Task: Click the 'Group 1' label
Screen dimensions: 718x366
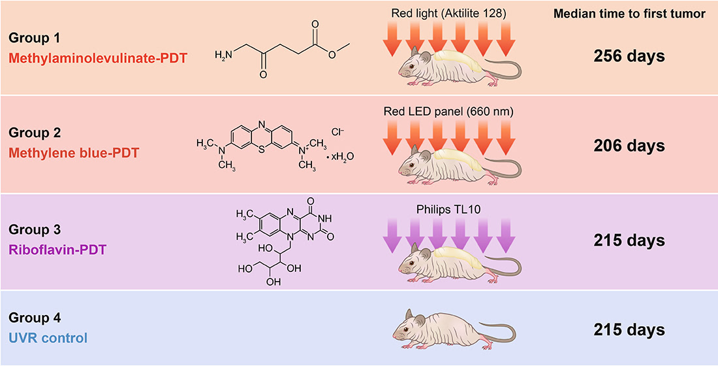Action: pyautogui.click(x=33, y=39)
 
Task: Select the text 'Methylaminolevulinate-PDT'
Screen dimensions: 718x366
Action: pyautogui.click(x=98, y=58)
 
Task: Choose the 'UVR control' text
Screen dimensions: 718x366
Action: pyautogui.click(x=48, y=339)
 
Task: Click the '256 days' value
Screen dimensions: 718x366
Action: pyautogui.click(x=629, y=56)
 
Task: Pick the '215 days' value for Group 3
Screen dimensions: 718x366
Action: pyautogui.click(x=629, y=241)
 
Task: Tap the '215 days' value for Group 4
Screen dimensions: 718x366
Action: pyautogui.click(x=629, y=329)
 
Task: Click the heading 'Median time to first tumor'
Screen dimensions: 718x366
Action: pyautogui.click(x=629, y=14)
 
